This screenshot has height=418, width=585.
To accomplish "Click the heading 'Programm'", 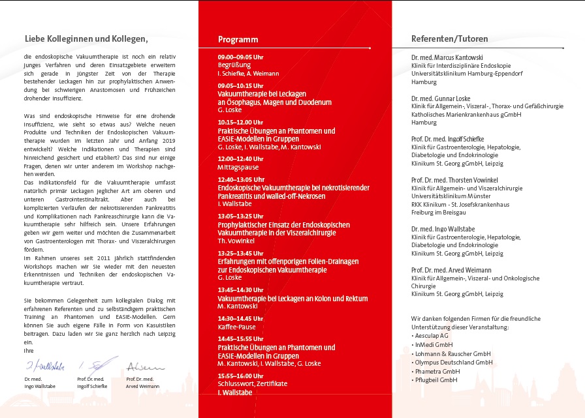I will click(238, 39).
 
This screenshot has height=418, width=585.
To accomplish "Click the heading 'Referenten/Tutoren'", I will click(449, 39).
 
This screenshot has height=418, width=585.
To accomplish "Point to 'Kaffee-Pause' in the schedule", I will click(237, 327).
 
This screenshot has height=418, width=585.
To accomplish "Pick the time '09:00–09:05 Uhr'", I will click(240, 57).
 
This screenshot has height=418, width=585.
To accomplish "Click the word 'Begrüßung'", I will click(234, 65).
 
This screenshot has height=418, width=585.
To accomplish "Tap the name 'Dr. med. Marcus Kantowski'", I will click(447, 57).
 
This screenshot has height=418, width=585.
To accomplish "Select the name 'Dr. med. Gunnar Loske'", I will click(441, 98).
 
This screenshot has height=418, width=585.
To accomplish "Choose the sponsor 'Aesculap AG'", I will click(434, 335).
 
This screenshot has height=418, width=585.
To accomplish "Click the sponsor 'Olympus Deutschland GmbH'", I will click(453, 363).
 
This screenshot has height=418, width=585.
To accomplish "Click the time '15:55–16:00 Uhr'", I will click(240, 376).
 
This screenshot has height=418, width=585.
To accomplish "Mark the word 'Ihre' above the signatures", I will click(28, 350).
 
